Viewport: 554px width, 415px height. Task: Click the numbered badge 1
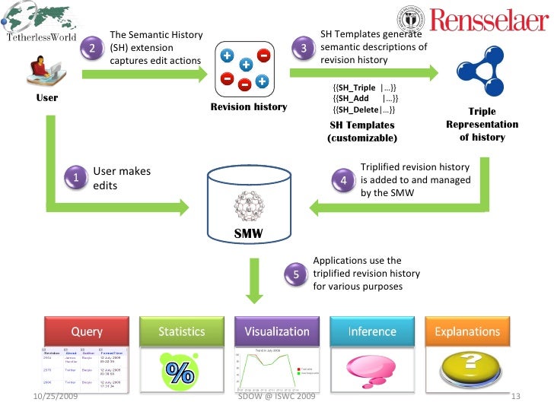pyautogui.click(x=76, y=178)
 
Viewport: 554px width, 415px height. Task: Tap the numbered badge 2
pyautogui.click(x=92, y=49)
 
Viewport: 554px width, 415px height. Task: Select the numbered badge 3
pyautogui.click(x=304, y=49)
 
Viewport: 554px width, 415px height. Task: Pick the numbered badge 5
pyautogui.click(x=296, y=274)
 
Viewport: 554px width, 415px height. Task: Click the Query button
pyautogui.click(x=87, y=331)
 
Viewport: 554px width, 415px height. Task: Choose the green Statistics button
pyautogui.click(x=181, y=331)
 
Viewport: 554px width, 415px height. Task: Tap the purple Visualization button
pyautogui.click(x=277, y=331)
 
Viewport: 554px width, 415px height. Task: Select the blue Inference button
pyautogui.click(x=371, y=331)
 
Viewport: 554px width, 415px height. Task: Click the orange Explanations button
pyautogui.click(x=467, y=331)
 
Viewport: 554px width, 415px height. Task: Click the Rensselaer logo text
pyautogui.click(x=489, y=21)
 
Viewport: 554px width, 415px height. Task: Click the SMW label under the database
pyautogui.click(x=248, y=234)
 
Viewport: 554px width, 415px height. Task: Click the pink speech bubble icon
pyautogui.click(x=371, y=368)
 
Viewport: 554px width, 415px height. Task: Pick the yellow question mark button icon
pyautogui.click(x=467, y=368)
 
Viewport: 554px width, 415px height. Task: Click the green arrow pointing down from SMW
pyautogui.click(x=254, y=281)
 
